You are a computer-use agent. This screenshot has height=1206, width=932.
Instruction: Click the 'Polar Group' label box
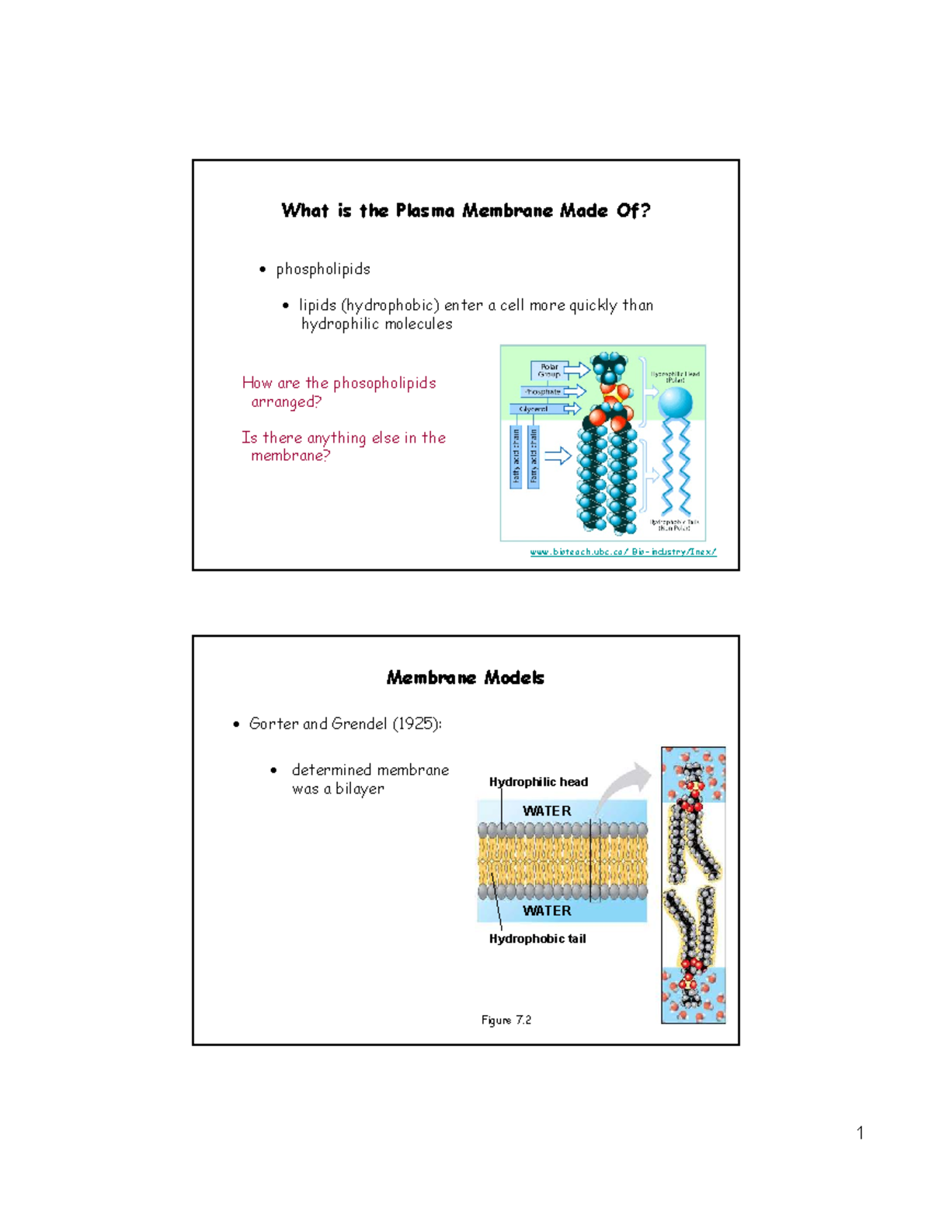(x=549, y=370)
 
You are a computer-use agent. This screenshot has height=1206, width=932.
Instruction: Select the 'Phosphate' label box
(x=542, y=391)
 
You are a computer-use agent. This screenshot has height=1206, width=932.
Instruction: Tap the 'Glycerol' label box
(x=535, y=408)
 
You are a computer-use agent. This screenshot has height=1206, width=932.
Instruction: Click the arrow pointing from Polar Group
(x=576, y=370)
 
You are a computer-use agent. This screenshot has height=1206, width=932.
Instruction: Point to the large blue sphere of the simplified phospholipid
(x=675, y=402)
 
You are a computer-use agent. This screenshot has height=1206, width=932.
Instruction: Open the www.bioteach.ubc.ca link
(x=623, y=552)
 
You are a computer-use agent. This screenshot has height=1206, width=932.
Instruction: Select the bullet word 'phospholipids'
(x=323, y=269)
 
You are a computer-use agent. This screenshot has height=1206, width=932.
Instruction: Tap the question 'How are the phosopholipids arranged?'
(x=339, y=392)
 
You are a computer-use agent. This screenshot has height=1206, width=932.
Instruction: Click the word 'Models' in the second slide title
(x=514, y=678)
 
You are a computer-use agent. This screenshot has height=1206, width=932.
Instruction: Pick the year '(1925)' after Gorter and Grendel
(x=416, y=724)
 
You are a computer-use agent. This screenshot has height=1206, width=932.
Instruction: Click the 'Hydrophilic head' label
(x=538, y=782)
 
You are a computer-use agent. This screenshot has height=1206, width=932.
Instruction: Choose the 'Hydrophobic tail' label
(x=537, y=939)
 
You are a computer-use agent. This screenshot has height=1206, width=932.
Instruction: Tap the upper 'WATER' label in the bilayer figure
(x=547, y=811)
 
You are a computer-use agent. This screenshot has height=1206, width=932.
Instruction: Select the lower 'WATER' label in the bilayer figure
(x=547, y=910)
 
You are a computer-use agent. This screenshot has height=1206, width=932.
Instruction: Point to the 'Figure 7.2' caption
(x=506, y=1020)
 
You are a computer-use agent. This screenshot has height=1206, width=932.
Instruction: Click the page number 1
(x=860, y=1133)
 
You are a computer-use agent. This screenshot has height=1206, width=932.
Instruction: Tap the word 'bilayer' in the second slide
(x=360, y=789)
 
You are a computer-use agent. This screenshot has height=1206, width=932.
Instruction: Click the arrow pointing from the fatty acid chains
(x=558, y=456)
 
